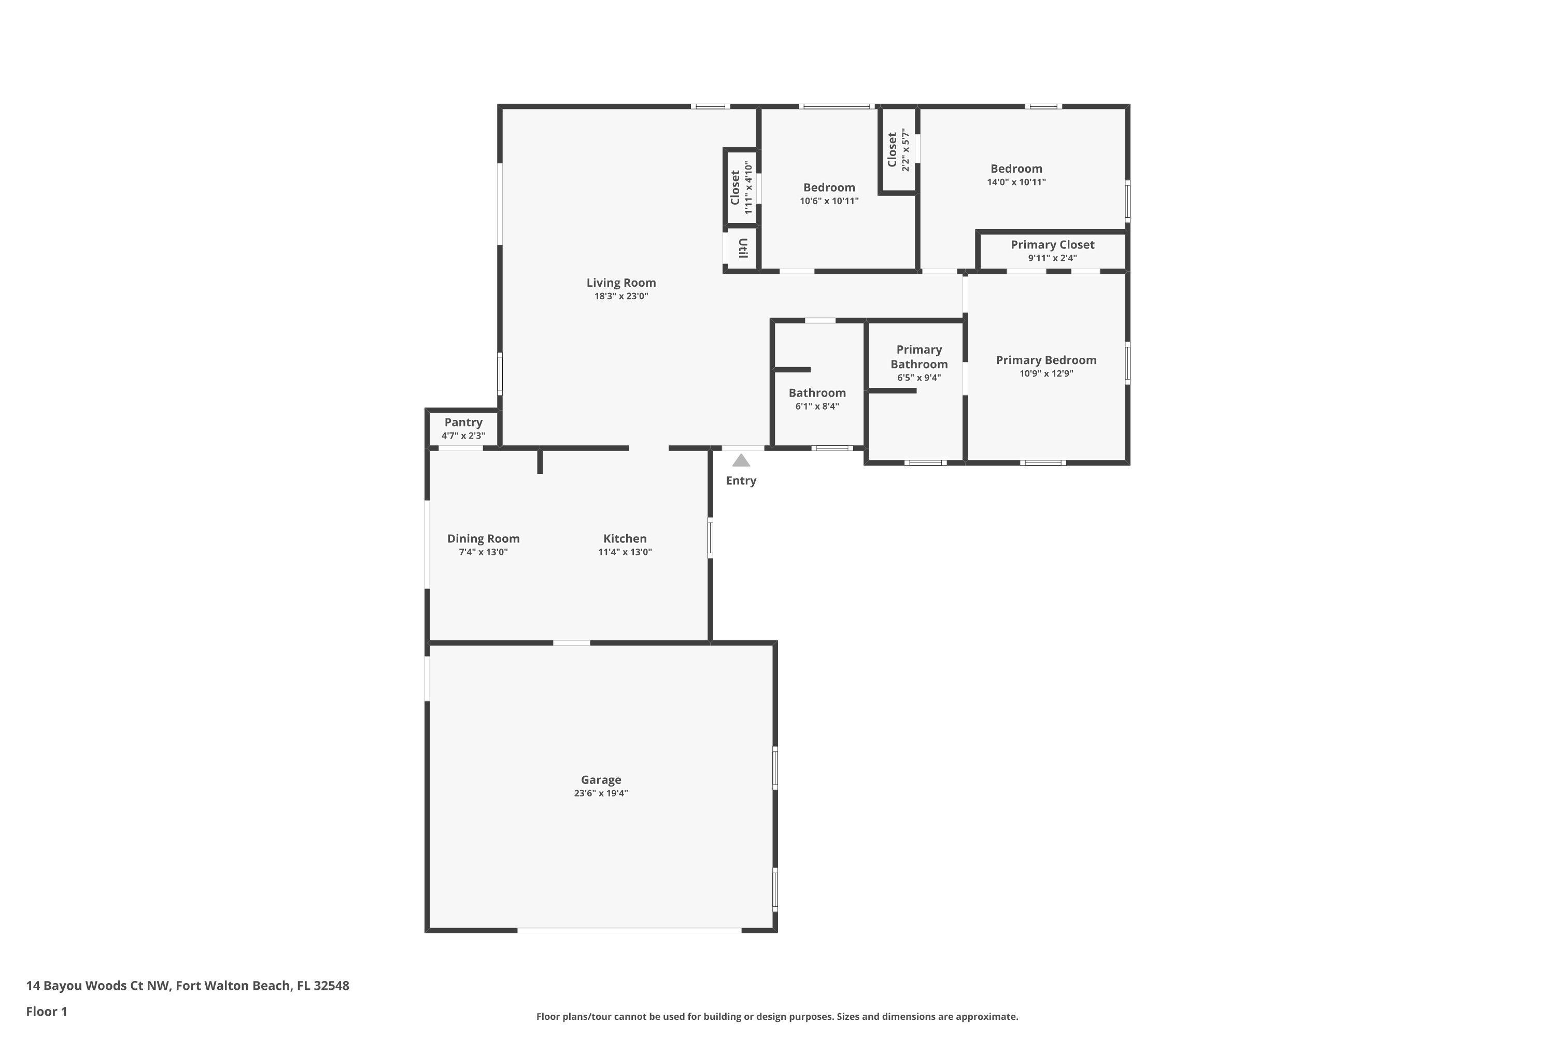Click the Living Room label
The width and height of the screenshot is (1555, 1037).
tap(621, 283)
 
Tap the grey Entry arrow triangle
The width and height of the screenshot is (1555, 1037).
tap(741, 460)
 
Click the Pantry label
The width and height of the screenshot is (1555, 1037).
tap(463, 422)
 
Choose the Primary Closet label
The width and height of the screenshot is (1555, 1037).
tap(1052, 245)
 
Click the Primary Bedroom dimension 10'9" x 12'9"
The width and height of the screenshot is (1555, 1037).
tap(1046, 374)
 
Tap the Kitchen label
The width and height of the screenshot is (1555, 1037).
tap(625, 538)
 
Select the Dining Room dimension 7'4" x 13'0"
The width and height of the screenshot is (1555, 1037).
tap(483, 552)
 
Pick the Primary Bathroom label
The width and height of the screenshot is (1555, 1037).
tap(918, 357)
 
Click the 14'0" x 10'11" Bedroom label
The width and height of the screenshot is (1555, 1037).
tap(1016, 169)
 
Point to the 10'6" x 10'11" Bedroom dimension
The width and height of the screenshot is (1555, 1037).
tap(829, 201)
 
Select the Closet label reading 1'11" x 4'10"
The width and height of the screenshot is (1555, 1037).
tap(735, 188)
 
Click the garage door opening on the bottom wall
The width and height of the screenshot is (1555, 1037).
tap(629, 930)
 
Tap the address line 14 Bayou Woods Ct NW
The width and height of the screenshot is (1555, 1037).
tap(188, 986)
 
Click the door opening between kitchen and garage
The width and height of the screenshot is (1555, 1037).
tap(571, 643)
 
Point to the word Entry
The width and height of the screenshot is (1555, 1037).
tap(741, 481)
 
